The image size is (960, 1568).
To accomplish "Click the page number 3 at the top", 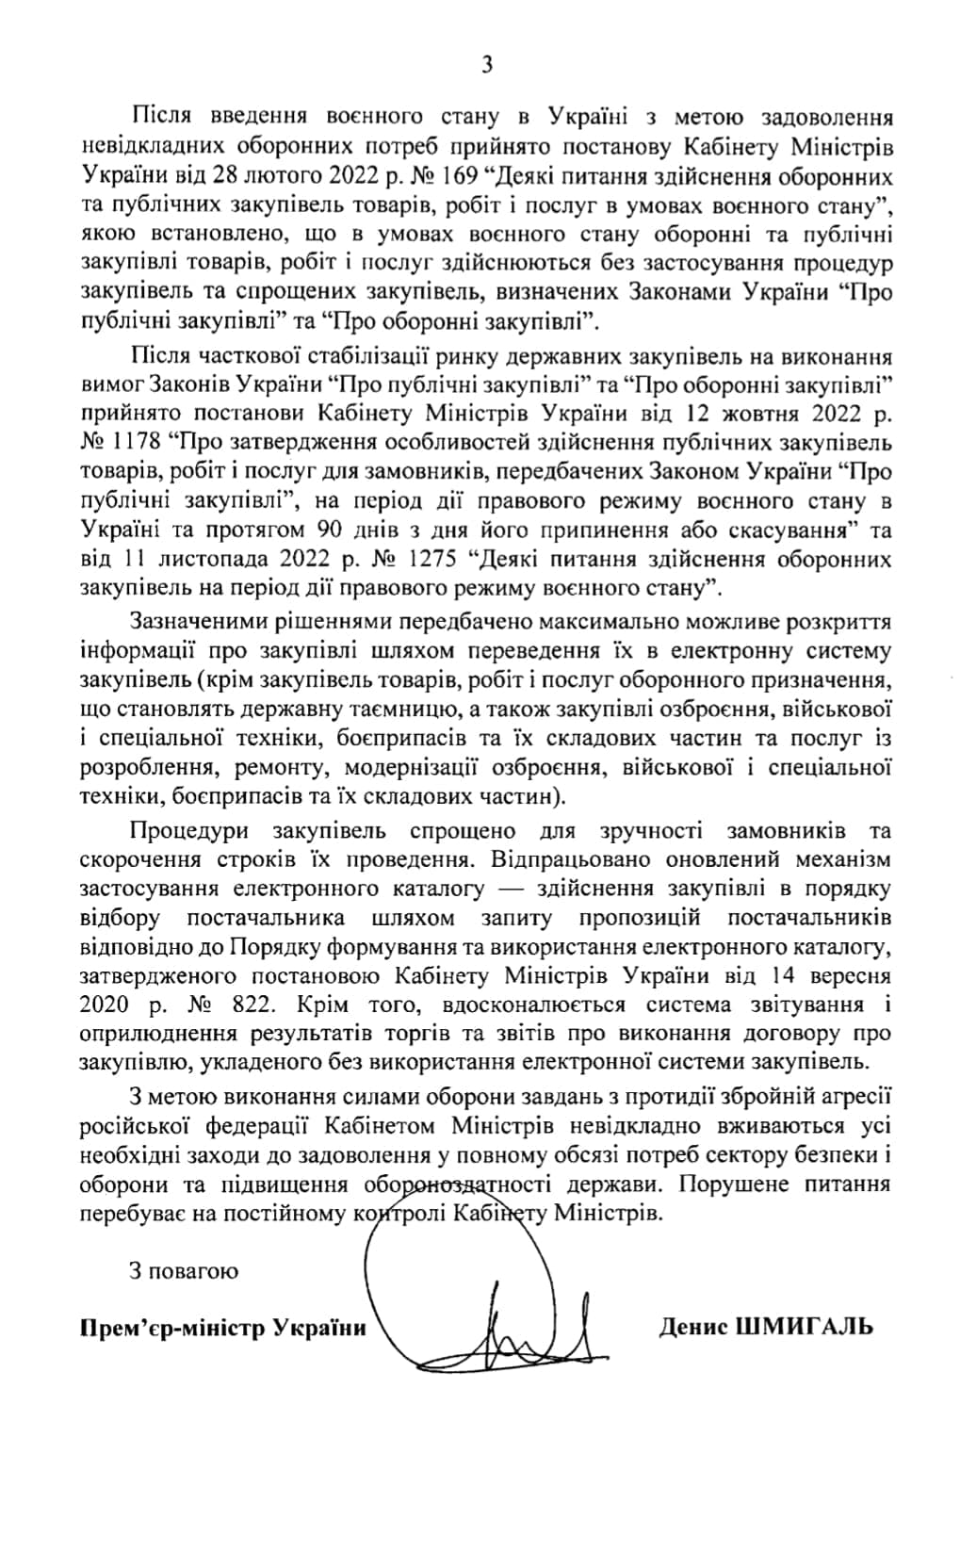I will click(486, 65).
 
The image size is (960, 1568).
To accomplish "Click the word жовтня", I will click(760, 413).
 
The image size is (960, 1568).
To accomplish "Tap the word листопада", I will click(188, 559).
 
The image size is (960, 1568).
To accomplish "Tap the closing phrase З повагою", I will click(184, 1270).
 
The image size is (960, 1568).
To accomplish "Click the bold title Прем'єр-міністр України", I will click(222, 1328).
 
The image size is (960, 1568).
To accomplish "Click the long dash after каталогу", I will click(510, 889).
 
